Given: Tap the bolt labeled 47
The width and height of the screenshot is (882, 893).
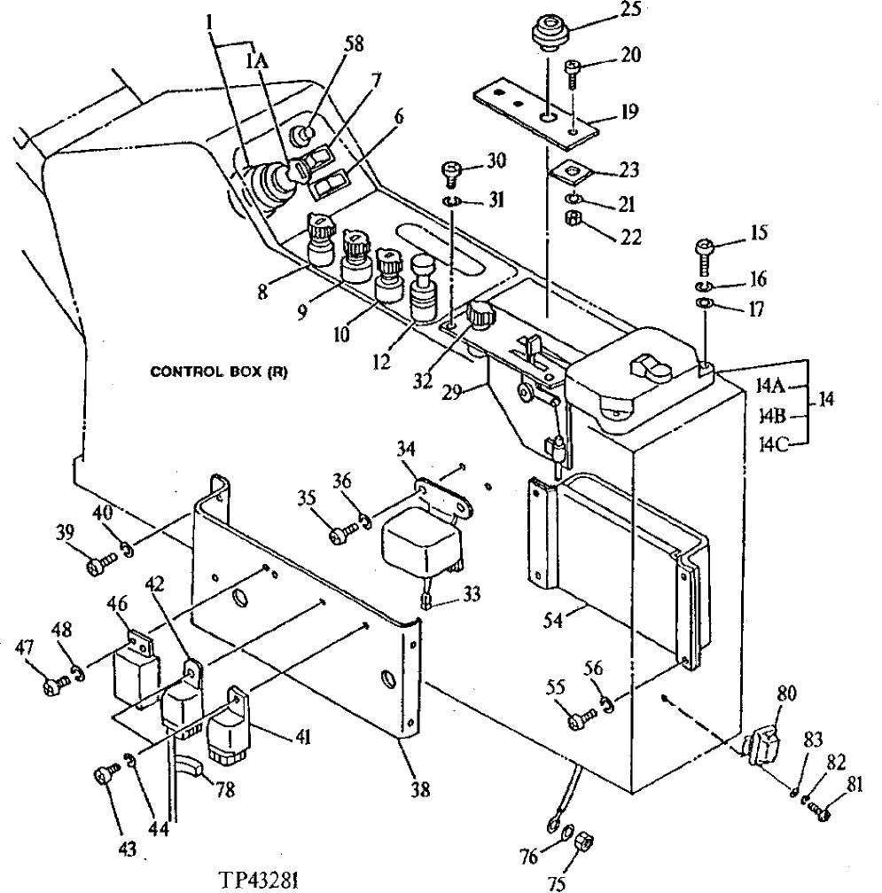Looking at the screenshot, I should tap(56, 685).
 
